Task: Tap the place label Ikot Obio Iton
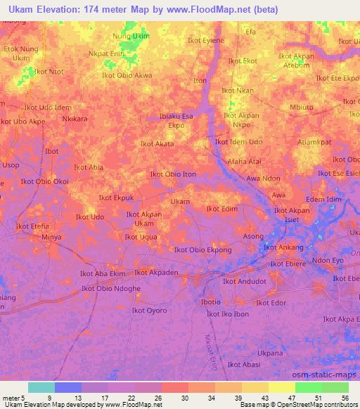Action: click(x=173, y=174)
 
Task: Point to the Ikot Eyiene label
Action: click(x=206, y=41)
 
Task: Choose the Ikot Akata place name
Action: click(x=157, y=144)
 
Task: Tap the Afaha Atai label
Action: click(x=244, y=161)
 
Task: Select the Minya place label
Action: click(x=51, y=238)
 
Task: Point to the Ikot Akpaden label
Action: click(x=156, y=272)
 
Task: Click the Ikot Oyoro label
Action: click(x=149, y=311)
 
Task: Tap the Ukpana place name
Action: click(x=270, y=353)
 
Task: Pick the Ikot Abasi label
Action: click(x=245, y=365)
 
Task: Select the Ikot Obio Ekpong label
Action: click(x=203, y=250)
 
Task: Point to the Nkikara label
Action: click(x=75, y=119)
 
